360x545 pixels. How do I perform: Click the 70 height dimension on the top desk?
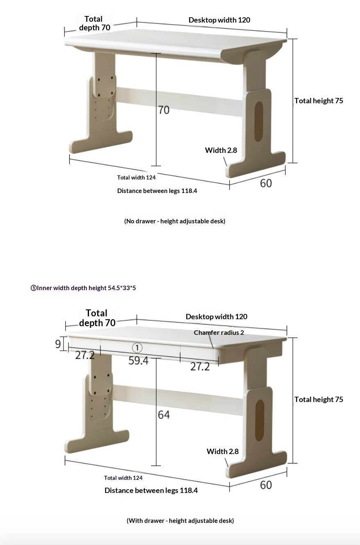click(164, 110)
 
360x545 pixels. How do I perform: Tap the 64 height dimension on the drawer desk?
click(164, 415)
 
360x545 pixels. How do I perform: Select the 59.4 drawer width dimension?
click(138, 361)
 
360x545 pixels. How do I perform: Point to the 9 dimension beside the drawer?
click(58, 344)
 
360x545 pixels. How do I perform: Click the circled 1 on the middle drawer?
click(137, 348)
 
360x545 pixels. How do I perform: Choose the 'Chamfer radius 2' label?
click(219, 332)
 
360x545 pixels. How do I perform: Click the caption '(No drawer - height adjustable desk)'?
click(175, 221)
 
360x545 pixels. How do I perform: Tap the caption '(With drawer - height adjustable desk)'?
click(180, 520)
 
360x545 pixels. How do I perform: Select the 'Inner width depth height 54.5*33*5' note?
click(83, 288)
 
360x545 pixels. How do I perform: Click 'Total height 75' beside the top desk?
click(319, 101)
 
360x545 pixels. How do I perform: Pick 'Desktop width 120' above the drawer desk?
click(216, 317)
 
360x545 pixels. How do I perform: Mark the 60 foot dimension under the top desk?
click(266, 183)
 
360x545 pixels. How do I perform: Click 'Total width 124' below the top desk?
click(136, 177)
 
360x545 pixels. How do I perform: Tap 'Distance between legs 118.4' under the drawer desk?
click(151, 490)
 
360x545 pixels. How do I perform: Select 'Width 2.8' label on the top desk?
click(221, 150)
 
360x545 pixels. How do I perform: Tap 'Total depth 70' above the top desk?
click(94, 23)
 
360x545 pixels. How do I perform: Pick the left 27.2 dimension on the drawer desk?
click(85, 355)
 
